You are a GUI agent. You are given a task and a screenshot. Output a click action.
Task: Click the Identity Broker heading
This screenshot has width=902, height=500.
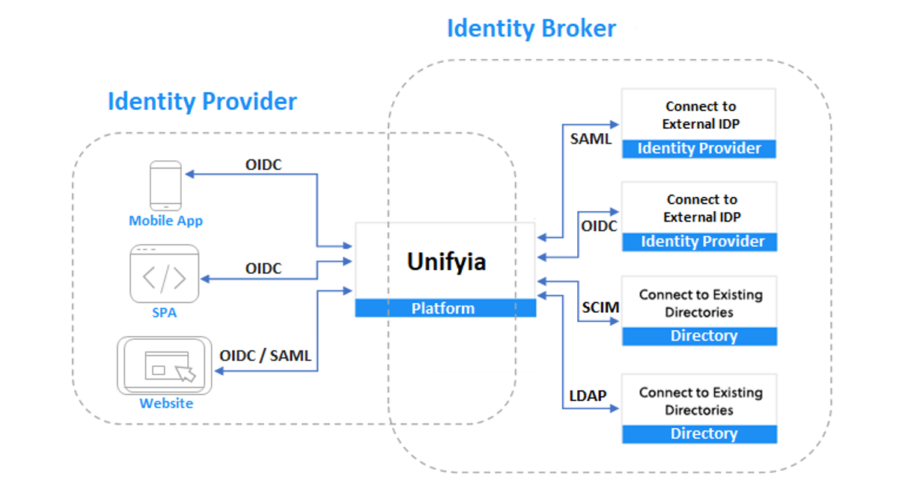point(531,28)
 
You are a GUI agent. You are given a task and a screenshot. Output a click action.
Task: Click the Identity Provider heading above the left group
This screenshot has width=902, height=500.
point(202,101)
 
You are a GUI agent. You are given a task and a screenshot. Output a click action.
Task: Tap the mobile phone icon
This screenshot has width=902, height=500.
point(165,186)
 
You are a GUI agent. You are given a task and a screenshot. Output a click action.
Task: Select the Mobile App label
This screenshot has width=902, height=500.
point(165,221)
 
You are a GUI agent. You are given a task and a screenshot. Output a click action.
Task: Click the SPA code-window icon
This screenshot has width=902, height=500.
point(165,273)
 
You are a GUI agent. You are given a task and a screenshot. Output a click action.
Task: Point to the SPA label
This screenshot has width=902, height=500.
point(165,313)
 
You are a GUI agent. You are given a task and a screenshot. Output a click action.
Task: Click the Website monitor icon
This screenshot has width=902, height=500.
point(165,365)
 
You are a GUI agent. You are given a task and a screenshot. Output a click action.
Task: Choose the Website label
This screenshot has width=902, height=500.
point(166,403)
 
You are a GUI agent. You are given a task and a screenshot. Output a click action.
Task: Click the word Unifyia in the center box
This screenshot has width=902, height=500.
point(446,261)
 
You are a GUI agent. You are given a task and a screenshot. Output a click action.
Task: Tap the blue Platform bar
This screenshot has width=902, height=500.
point(445,308)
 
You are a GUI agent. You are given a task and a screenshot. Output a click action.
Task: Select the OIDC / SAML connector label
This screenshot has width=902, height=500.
point(266,356)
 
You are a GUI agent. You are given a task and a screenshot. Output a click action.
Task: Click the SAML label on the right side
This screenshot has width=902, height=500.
point(591,139)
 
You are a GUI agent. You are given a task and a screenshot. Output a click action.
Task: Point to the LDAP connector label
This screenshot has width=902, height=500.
point(588,395)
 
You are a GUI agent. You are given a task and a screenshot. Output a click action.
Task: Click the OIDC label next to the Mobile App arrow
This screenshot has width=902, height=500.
point(263,165)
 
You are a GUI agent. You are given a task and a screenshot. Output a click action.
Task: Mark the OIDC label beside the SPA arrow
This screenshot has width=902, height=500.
point(263,268)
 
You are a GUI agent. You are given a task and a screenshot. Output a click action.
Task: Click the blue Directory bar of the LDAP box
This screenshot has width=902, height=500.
point(700,434)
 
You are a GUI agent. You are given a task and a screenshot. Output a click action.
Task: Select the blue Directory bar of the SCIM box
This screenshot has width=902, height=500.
point(700,336)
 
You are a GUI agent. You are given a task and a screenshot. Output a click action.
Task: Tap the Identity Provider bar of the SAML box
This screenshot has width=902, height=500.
point(698,149)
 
